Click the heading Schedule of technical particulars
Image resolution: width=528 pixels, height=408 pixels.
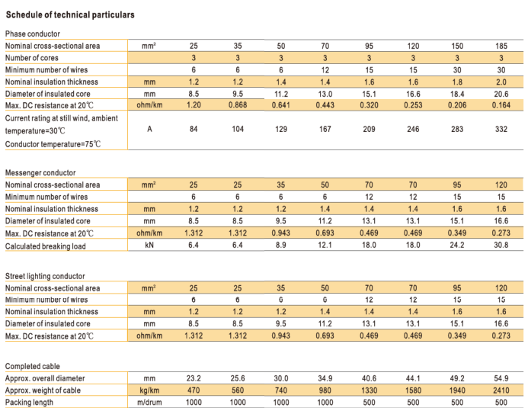tap(70, 14)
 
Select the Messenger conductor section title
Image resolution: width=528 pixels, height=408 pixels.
tap(40, 173)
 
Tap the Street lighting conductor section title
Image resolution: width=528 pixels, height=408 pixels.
tap(45, 276)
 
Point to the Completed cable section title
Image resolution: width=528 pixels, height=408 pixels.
tap(32, 366)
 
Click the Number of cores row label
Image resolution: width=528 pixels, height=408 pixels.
tap(32, 58)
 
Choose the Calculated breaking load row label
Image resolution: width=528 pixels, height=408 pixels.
tap(46, 246)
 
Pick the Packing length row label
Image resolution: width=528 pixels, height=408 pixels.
tap(29, 402)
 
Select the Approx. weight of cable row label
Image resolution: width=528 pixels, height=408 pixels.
tap(43, 390)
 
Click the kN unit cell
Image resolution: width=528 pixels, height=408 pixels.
tap(149, 245)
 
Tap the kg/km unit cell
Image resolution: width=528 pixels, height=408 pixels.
tap(149, 390)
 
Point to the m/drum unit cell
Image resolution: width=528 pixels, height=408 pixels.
tap(149, 402)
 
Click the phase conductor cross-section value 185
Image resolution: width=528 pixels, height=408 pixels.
tap(501, 46)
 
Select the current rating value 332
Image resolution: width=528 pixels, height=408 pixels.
tap(501, 129)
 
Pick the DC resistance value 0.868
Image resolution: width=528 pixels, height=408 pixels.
tap(238, 105)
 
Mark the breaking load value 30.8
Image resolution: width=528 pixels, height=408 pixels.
tap(501, 245)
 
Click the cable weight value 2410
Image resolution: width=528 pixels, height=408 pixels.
tap(501, 390)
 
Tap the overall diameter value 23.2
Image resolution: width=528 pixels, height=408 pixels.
tap(194, 378)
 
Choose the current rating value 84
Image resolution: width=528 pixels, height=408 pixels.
tap(194, 129)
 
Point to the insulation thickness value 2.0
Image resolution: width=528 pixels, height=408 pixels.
tap(501, 82)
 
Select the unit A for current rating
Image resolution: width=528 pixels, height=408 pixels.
tap(149, 129)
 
